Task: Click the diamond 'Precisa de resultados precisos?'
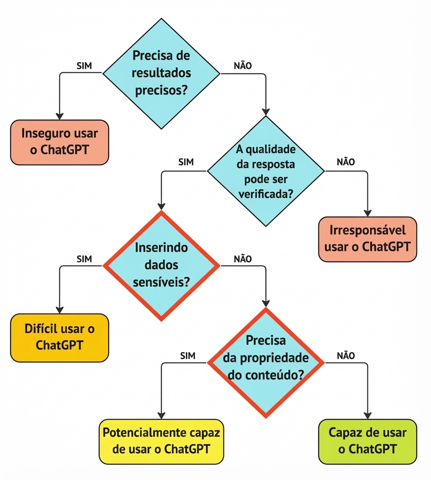pos(161,73)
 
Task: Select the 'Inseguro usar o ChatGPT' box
pos(60,142)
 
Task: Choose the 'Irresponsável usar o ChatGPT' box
pos(367,239)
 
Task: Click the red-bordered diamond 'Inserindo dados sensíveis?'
pos(161,265)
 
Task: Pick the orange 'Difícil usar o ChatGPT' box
pos(60,337)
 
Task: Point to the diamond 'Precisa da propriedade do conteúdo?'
pos(266,363)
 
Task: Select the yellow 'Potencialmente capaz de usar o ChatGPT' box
pos(161,442)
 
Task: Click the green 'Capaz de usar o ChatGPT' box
pos(367,441)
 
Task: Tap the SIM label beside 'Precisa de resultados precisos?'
pos(84,66)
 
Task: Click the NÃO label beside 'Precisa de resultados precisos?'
pos(242,66)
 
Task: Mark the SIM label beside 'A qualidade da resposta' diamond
pos(186,162)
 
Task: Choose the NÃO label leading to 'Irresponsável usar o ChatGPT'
pos(345,162)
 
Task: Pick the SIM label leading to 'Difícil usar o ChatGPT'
pos(84,259)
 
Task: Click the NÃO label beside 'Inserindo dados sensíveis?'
pos(242,259)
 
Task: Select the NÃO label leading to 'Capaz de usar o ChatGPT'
pos(345,356)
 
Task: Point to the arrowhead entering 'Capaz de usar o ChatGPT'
pos(367,415)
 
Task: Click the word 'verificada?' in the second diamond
pos(265,195)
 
